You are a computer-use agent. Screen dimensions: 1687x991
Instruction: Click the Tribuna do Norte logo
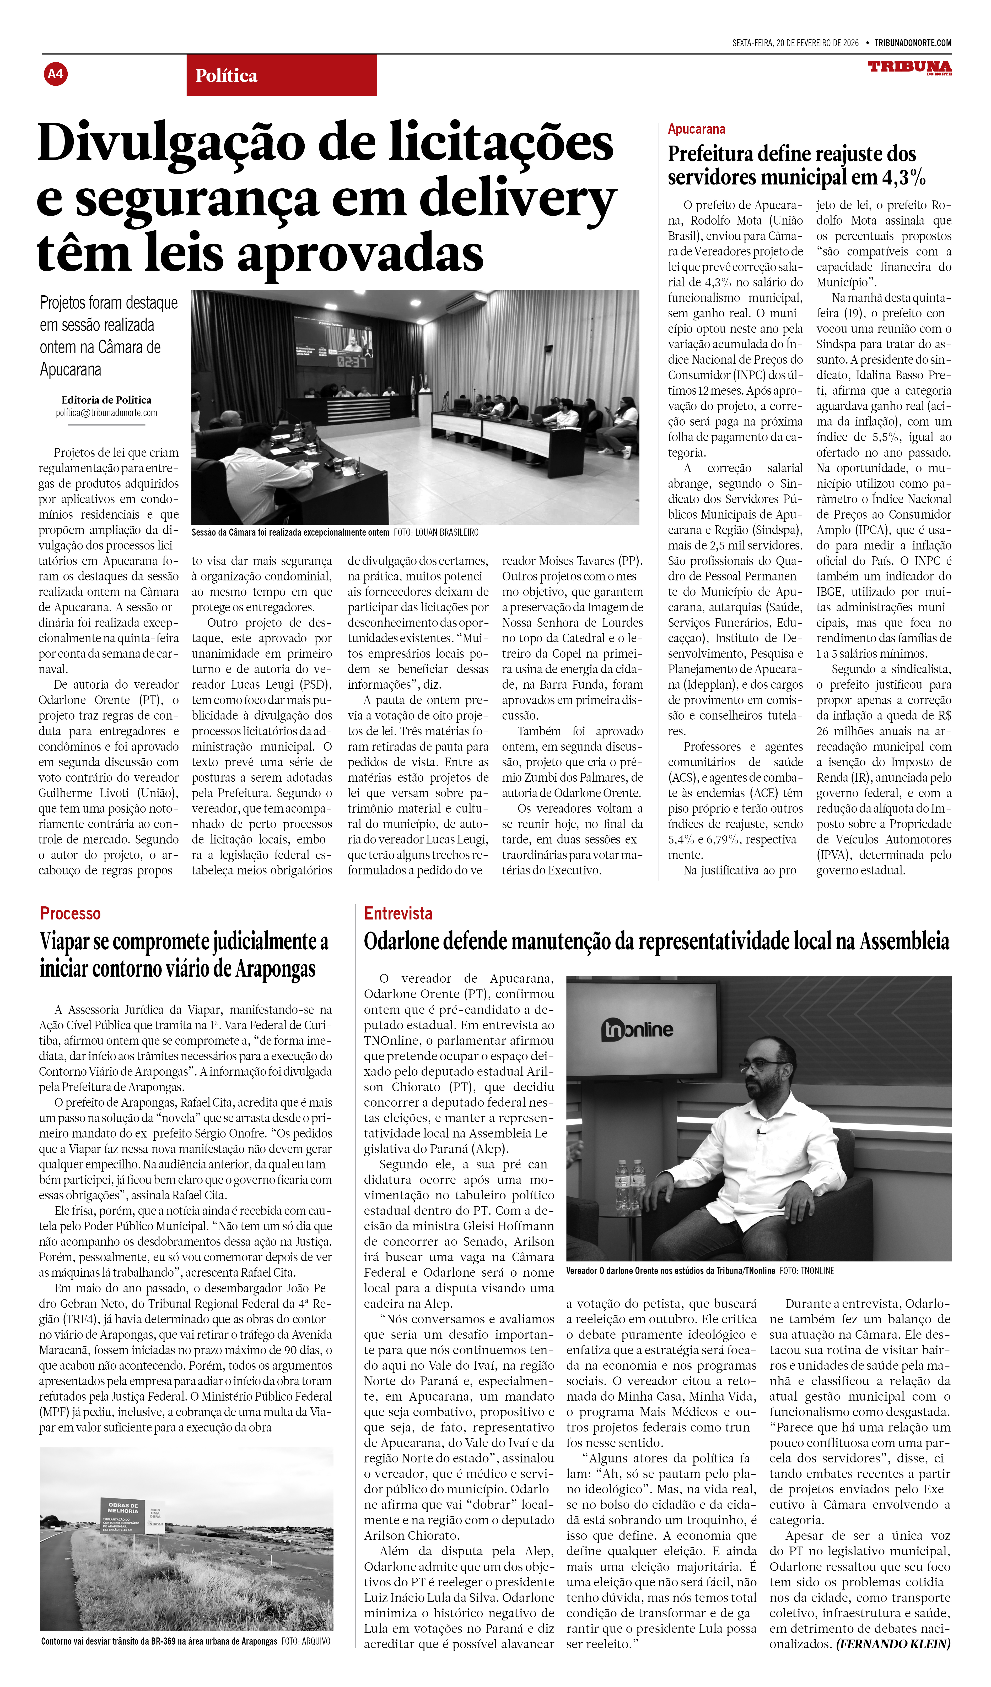(909, 68)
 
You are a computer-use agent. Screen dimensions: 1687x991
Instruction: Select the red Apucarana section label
(696, 129)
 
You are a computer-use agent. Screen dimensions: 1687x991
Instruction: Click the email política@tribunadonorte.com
(106, 413)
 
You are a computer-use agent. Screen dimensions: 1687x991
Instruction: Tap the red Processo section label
(70, 914)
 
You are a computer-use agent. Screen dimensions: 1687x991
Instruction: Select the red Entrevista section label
(398, 914)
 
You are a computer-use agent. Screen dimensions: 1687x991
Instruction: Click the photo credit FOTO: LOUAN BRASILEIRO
(436, 532)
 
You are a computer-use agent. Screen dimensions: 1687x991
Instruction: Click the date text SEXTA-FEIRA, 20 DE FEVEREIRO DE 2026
(795, 43)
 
